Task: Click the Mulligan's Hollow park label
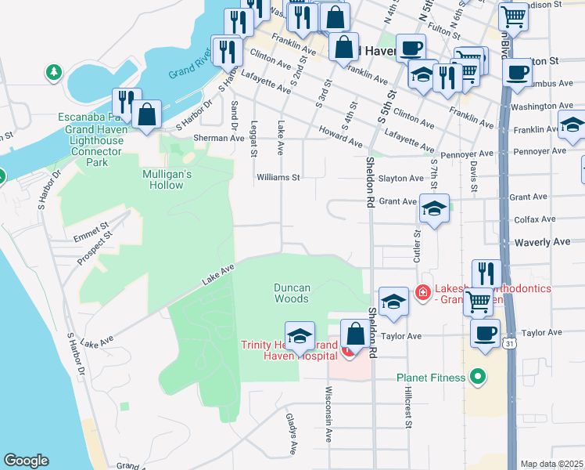[x=163, y=179]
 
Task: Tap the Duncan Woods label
[x=292, y=293]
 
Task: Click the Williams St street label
[x=278, y=178]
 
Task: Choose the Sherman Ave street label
[x=220, y=138]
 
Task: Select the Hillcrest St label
[x=407, y=410]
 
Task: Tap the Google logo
[x=26, y=461]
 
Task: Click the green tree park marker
[x=54, y=73]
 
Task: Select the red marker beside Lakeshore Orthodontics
[x=423, y=292]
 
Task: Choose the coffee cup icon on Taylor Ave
[x=485, y=332]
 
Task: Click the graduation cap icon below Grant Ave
[x=434, y=208]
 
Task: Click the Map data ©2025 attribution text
[x=551, y=464]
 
